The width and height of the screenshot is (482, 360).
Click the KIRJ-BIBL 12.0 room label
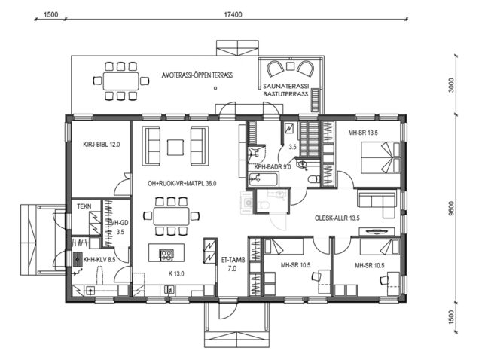pyautogui.click(x=96, y=143)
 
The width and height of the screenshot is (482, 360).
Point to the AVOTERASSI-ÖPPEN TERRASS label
pyautogui.click(x=197, y=76)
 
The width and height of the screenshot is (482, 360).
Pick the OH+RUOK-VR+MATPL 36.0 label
pyautogui.click(x=175, y=183)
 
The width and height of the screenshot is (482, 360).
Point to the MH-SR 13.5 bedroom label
pyautogui.click(x=363, y=133)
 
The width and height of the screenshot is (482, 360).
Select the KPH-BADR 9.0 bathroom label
pyautogui.click(x=272, y=167)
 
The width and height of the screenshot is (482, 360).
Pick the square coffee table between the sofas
pyautogui.click(x=176, y=145)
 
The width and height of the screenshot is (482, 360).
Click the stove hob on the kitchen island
pyautogui.click(x=165, y=254)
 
